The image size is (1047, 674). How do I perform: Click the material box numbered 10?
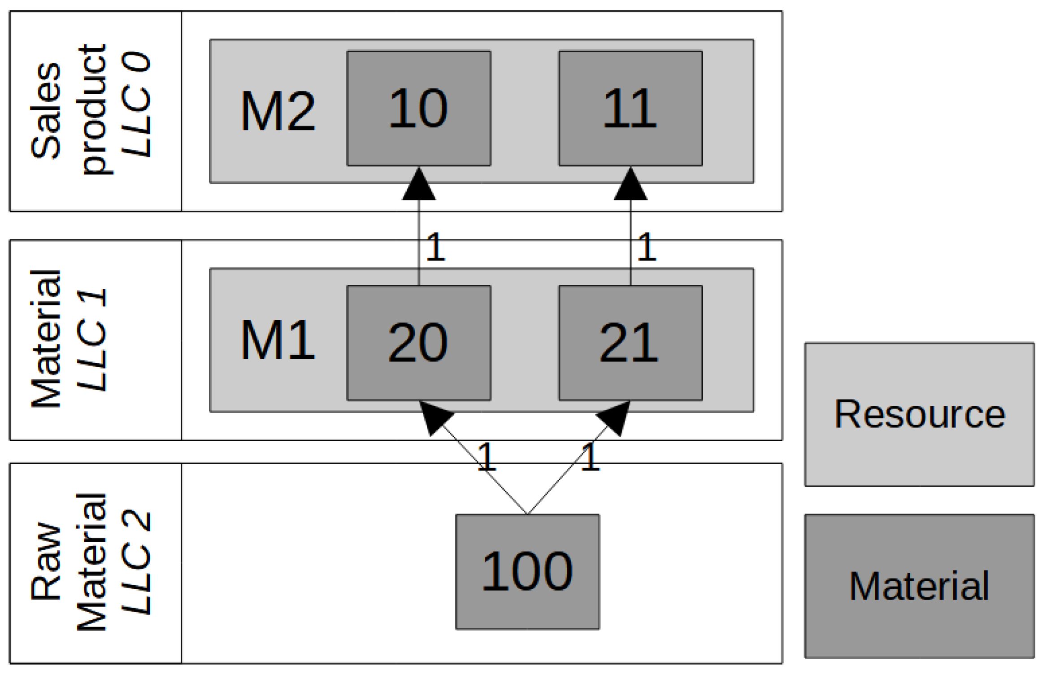418,108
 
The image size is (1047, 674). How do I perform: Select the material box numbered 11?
630,108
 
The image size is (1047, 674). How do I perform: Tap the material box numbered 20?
418,343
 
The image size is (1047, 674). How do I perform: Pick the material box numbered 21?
630,343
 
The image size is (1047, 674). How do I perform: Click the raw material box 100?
527,572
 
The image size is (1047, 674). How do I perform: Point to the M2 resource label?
278,111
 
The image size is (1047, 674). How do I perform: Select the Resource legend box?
919,414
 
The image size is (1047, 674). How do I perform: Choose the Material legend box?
919,586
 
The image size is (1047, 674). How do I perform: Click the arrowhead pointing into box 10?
419,186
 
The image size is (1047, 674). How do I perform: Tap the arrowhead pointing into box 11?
630,186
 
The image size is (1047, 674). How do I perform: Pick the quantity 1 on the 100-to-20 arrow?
486,457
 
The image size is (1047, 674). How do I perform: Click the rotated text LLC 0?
136,104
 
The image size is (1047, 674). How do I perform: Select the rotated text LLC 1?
92,340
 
